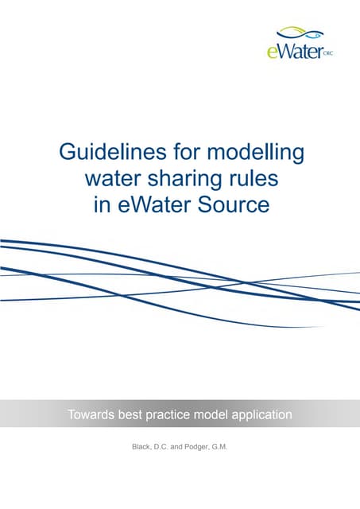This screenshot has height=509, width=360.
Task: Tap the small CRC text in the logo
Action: click(x=327, y=55)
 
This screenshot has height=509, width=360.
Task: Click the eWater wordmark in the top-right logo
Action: click(x=293, y=52)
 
